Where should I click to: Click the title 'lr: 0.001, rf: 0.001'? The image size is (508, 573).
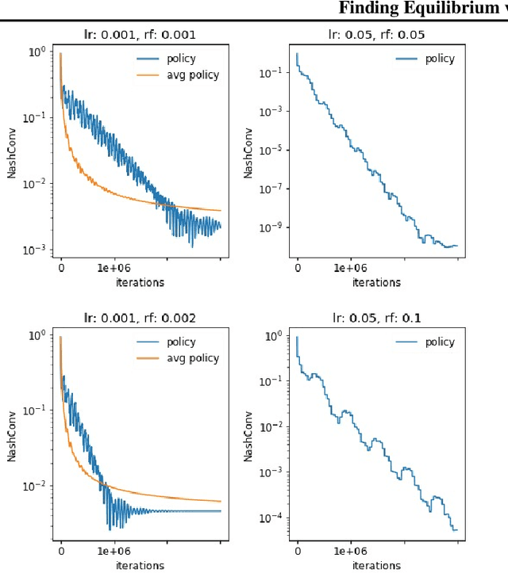pos(140,34)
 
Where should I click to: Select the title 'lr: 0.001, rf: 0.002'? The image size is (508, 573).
pos(140,318)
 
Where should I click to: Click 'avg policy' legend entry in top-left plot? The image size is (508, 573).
pos(193,75)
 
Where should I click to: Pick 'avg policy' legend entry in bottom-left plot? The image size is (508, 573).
pos(193,359)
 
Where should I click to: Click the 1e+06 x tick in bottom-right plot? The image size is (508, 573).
pos(350,552)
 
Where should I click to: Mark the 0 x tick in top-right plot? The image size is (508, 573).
pos(297,269)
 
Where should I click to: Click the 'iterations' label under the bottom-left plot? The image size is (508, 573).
pos(140,566)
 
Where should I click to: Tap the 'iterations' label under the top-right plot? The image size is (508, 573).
pos(376,282)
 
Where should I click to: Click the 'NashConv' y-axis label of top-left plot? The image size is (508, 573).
pos(12,152)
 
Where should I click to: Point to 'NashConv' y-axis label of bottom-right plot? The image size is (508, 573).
pos(249,436)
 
